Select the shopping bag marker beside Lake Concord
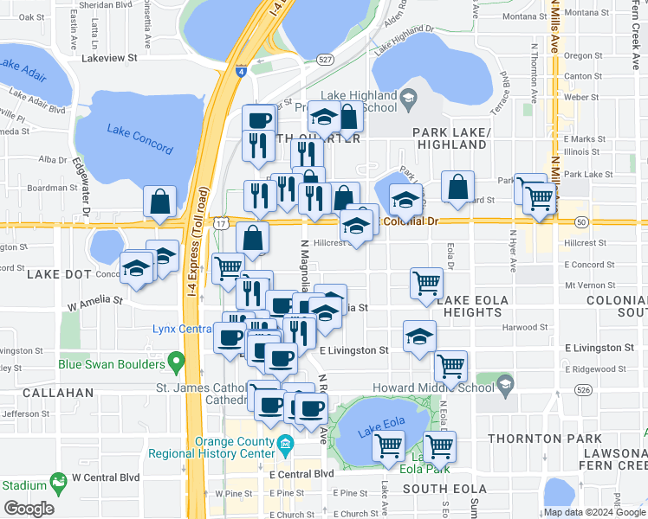160,202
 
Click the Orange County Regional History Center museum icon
284,445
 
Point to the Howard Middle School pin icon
506,381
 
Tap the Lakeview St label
109,58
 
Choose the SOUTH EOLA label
436,490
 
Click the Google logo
29,509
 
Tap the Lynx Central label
183,329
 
